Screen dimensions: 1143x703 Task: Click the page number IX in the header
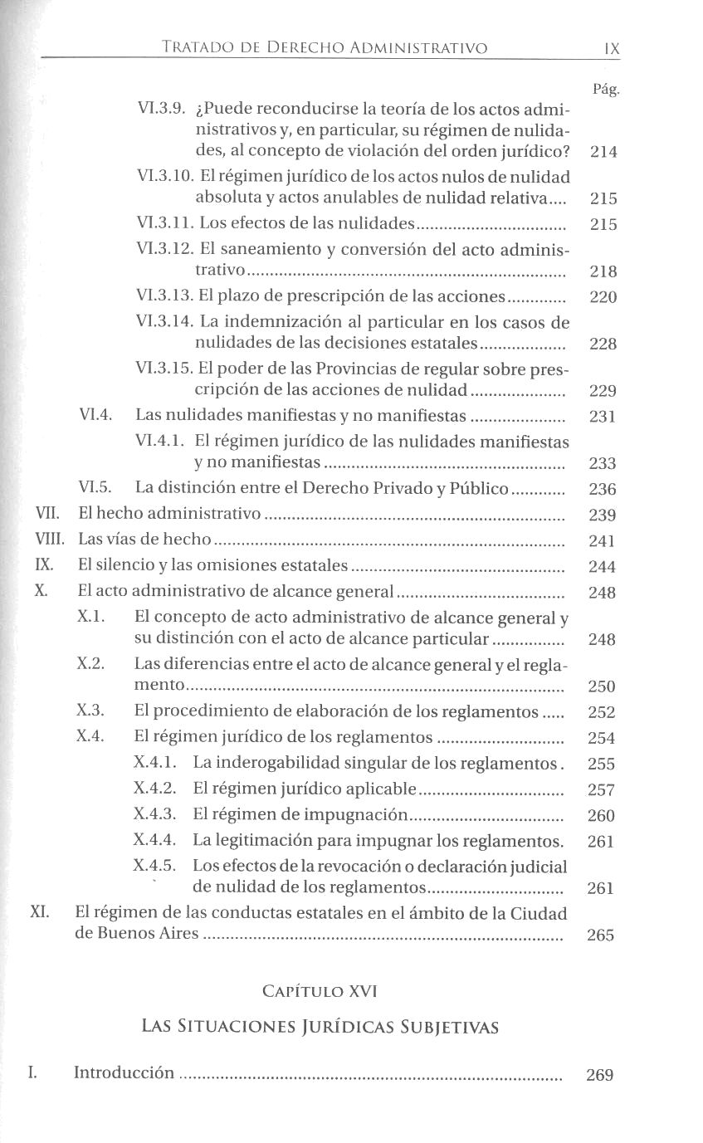(612, 49)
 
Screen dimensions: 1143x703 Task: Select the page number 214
(603, 153)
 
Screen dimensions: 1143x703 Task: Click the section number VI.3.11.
(165, 224)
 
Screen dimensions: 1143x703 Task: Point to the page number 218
(603, 271)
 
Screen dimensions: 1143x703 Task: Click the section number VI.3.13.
(165, 297)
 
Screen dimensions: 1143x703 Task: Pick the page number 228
(603, 344)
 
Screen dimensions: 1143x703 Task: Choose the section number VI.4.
(95, 416)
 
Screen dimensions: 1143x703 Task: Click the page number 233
(603, 463)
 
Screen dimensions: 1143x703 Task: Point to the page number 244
(603, 568)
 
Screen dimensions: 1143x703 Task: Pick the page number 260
(601, 816)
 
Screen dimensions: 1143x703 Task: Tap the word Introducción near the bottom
(124, 1072)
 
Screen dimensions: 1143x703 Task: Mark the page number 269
(599, 1076)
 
